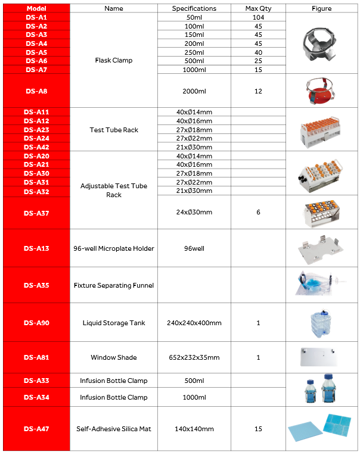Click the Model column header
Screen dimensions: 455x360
coord(36,9)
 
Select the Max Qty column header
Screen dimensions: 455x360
coord(258,9)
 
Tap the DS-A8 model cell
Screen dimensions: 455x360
coord(36,91)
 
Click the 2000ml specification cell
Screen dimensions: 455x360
coord(194,91)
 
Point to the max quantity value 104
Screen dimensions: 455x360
coord(258,18)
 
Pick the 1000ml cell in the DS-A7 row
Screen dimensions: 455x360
coord(194,70)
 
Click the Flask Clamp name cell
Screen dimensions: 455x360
coord(114,61)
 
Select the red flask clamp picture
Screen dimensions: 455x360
coord(322,91)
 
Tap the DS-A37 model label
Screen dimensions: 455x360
coord(36,213)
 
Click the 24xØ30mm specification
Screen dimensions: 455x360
coord(194,213)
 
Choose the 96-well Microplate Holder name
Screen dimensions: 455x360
coord(114,248)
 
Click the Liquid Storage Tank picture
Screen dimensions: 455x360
coord(322,323)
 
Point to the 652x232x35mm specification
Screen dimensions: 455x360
coord(194,358)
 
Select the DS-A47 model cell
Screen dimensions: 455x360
coord(36,429)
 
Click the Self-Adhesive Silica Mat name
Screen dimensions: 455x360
coord(114,429)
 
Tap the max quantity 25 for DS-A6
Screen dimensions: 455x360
coord(258,61)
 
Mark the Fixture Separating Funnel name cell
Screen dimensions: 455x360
coord(114,285)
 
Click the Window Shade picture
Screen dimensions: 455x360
coord(322,357)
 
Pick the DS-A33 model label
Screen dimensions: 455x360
coord(36,381)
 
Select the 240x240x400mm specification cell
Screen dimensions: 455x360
coord(194,323)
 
